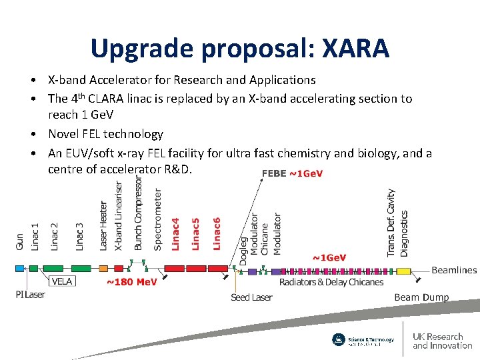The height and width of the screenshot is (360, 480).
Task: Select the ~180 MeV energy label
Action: click(x=132, y=283)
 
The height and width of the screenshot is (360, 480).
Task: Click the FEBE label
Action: click(x=273, y=174)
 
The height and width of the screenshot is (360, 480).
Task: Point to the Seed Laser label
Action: click(x=251, y=297)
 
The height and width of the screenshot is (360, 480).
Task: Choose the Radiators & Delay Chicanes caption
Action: click(x=331, y=283)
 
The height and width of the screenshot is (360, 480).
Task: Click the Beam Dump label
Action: click(x=421, y=297)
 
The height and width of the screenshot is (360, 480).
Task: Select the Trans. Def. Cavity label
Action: click(x=391, y=223)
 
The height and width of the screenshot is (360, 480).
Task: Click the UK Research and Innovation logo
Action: click(x=442, y=341)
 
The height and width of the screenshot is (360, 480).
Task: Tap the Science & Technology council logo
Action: click(x=363, y=340)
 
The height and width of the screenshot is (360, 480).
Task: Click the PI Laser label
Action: click(x=30, y=294)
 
